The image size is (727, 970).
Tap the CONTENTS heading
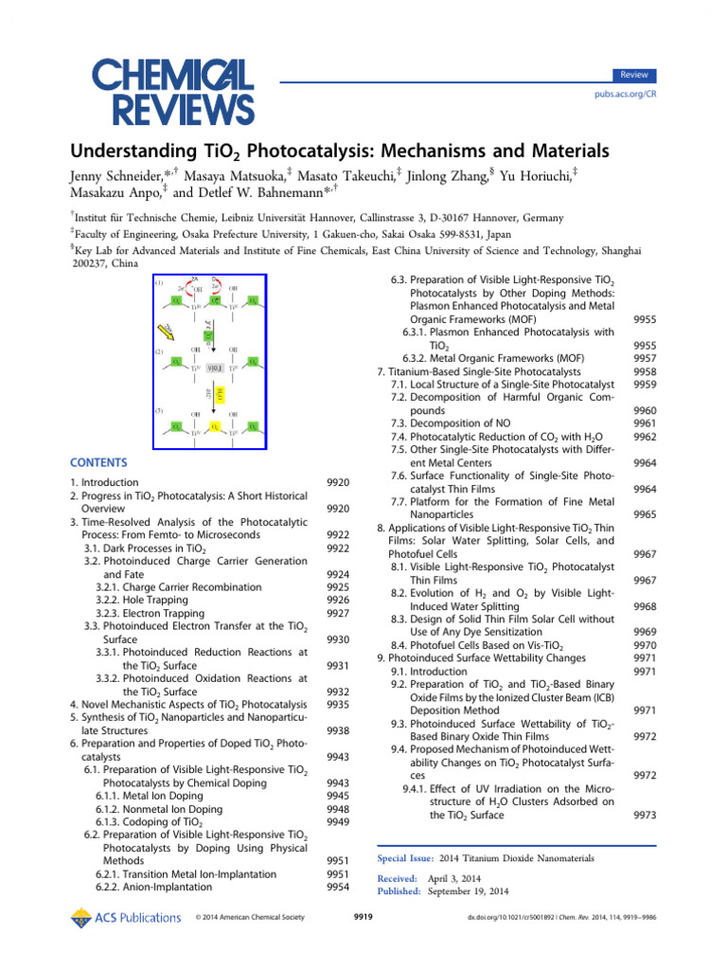tap(98, 462)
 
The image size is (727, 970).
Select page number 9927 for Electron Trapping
tap(338, 613)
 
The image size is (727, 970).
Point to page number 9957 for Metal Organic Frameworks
tap(645, 359)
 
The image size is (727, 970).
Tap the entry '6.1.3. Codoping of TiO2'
tap(156, 822)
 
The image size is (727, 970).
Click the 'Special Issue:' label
tap(406, 857)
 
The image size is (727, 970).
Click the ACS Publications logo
tap(126, 917)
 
